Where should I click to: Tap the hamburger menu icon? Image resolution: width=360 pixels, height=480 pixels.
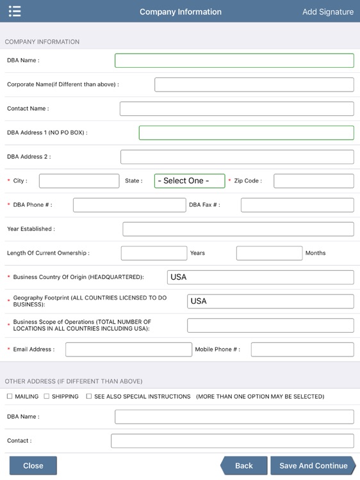click(15, 12)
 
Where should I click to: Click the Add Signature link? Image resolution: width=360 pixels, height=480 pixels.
click(327, 12)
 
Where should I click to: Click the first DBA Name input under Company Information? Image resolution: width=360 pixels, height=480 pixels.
click(234, 60)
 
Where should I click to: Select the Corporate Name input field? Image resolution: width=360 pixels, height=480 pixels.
click(254, 84)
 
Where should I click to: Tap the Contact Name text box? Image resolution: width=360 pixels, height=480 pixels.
click(236, 109)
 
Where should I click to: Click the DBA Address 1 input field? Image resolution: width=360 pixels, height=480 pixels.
click(246, 132)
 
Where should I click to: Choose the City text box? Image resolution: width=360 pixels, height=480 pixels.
click(79, 181)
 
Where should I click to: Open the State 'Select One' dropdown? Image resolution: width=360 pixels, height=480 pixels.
click(190, 181)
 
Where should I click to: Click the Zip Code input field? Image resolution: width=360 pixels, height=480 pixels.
click(313, 181)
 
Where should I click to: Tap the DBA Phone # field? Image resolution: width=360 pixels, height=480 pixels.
click(129, 205)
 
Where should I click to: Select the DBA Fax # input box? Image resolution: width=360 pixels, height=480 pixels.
click(297, 205)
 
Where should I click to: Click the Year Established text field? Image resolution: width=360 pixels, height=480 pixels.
click(238, 229)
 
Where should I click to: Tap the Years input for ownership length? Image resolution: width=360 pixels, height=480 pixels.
click(154, 253)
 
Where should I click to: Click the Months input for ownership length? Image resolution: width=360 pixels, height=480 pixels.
click(269, 253)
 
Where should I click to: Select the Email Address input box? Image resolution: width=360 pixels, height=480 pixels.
click(128, 349)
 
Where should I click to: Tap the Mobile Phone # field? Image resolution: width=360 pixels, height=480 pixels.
click(302, 349)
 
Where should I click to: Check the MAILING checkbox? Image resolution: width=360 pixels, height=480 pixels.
click(10, 397)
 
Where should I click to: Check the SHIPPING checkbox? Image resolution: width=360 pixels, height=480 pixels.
click(47, 397)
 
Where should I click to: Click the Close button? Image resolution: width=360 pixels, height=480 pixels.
click(33, 465)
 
